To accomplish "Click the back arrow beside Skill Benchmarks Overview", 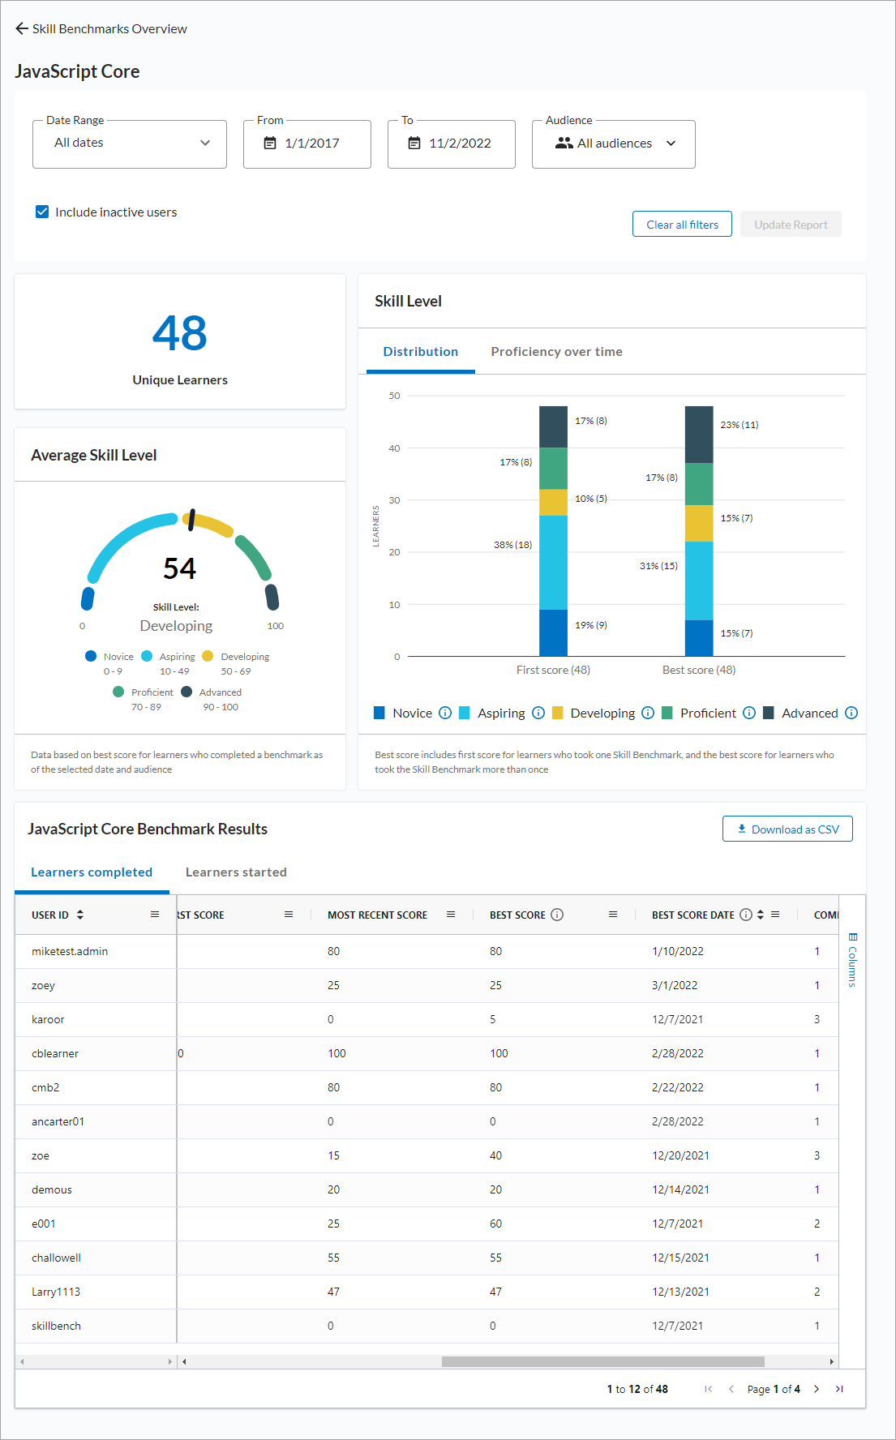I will click(x=22, y=28).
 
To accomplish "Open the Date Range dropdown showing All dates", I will click(x=130, y=144).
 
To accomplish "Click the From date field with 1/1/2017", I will click(x=307, y=144).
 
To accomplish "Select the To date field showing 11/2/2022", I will click(x=452, y=144).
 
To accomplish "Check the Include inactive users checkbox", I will click(x=42, y=212).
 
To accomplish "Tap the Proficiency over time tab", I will click(x=556, y=352).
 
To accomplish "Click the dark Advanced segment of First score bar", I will click(x=553, y=426).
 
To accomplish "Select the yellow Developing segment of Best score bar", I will click(x=699, y=523).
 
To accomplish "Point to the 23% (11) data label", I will click(x=739, y=425).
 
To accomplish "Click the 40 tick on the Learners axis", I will click(x=394, y=448).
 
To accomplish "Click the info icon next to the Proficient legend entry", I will click(x=749, y=713).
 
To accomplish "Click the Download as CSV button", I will click(x=787, y=829).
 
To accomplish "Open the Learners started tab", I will click(x=236, y=872).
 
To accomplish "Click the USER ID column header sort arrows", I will click(x=80, y=915).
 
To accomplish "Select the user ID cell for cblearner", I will click(x=55, y=1053).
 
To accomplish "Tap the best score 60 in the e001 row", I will click(x=495, y=1224).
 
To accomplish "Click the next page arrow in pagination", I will click(x=817, y=1389).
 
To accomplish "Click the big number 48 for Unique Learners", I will click(x=180, y=333).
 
